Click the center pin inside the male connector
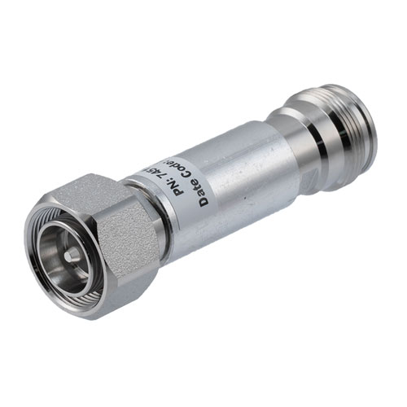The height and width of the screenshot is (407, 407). coord(72,255)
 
